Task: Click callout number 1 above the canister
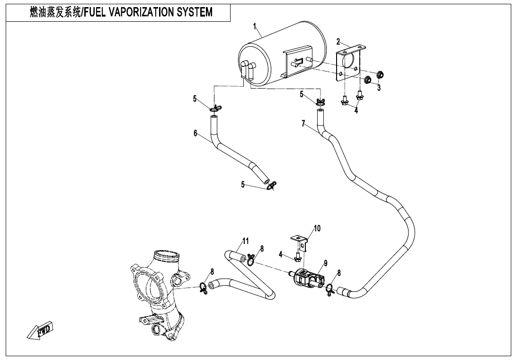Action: [255, 26]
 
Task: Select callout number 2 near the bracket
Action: [338, 41]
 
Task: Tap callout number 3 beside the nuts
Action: [379, 88]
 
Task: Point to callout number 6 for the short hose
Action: [195, 133]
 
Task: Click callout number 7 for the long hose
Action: [303, 124]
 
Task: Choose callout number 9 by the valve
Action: [326, 263]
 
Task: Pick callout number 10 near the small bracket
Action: [317, 228]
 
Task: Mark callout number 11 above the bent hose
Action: [246, 241]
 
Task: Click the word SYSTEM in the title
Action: [194, 12]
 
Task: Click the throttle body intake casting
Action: [159, 294]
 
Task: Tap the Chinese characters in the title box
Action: [54, 12]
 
